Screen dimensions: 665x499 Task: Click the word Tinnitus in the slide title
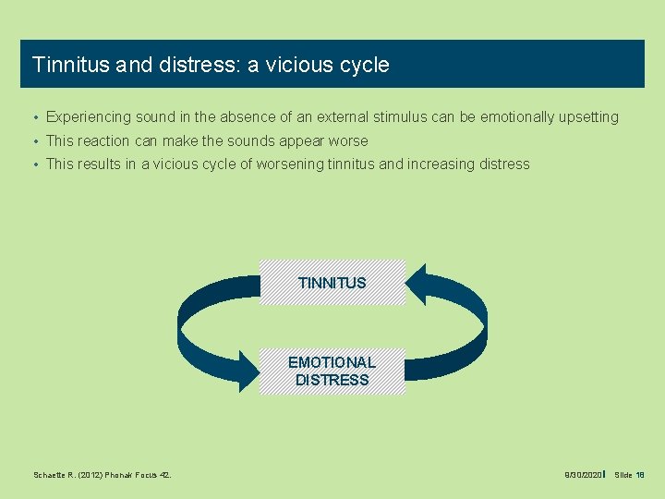coord(72,65)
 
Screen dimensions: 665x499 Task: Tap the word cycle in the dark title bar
coord(365,65)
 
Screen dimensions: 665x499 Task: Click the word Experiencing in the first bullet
coord(88,117)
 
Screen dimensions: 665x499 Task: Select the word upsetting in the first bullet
coord(586,117)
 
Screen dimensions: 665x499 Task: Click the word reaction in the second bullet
coord(103,141)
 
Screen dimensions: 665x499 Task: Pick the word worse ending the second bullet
coord(347,141)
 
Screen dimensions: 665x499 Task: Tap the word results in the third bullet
coord(100,164)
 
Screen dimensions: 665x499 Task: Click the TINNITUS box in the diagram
coord(332,283)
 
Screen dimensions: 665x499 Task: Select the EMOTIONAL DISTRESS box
coord(332,371)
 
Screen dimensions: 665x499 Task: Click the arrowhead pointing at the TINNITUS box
coord(417,285)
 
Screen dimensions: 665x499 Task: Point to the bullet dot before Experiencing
coord(33,118)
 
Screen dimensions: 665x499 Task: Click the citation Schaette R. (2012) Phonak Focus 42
coord(102,475)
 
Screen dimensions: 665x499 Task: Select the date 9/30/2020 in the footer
coord(583,475)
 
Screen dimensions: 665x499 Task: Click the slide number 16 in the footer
coord(640,475)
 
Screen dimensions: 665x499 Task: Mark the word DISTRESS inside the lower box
coord(332,380)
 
